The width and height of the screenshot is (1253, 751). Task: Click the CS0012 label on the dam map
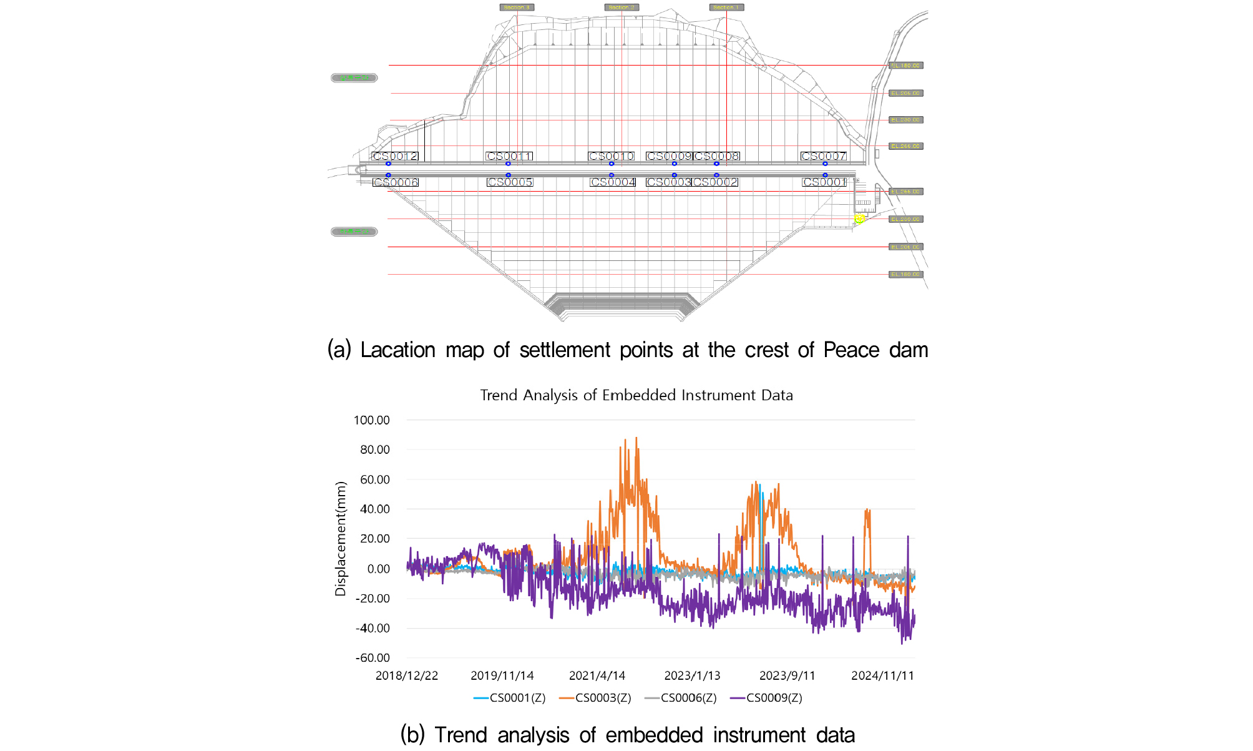(395, 156)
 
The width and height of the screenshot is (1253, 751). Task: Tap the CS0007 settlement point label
(824, 156)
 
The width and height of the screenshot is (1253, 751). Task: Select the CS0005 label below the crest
(510, 182)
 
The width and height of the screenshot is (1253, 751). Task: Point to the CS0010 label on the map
(612, 156)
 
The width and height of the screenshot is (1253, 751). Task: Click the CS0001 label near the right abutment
(824, 182)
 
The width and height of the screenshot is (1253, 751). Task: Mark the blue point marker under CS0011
(508, 164)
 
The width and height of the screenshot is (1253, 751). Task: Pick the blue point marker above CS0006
(388, 175)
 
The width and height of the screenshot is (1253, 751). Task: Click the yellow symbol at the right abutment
(859, 218)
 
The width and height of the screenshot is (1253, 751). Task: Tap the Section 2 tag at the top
(621, 7)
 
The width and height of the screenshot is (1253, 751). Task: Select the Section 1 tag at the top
(726, 7)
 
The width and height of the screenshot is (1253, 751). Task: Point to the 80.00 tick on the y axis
(375, 449)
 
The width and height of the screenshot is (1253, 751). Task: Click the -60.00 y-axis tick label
(373, 658)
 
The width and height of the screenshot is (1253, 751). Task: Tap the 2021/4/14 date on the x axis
(597, 675)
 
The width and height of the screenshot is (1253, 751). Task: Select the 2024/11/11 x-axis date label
(882, 675)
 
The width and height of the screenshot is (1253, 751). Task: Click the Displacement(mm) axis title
(341, 539)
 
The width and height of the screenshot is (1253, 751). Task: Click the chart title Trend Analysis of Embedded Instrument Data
(636, 395)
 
